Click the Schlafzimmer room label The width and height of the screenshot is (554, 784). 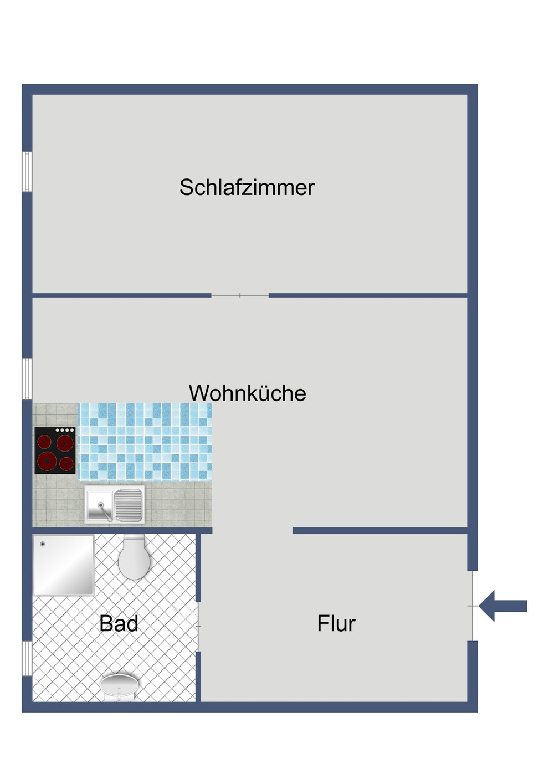click(x=247, y=187)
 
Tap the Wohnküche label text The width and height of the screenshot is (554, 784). click(x=247, y=393)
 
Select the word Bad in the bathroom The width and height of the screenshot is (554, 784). click(x=119, y=623)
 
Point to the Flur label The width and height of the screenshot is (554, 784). click(x=336, y=623)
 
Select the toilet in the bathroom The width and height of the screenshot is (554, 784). click(x=134, y=558)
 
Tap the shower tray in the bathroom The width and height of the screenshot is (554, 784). click(x=63, y=565)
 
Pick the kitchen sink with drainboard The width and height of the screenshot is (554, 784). click(x=114, y=505)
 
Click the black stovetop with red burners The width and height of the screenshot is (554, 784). click(x=55, y=450)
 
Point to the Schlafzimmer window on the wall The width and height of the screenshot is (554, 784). click(x=27, y=172)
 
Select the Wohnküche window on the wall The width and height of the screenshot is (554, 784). click(x=27, y=379)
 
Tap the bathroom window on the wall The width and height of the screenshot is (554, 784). click(x=27, y=658)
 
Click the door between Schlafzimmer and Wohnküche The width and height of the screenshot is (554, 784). click(x=240, y=295)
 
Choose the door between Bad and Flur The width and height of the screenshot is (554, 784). click(x=198, y=626)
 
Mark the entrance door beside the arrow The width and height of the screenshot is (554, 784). click(x=473, y=606)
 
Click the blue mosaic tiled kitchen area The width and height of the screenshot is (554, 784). click(x=145, y=442)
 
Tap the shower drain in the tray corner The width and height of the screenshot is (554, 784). click(x=43, y=544)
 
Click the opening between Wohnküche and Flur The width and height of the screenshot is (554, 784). click(x=252, y=531)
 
